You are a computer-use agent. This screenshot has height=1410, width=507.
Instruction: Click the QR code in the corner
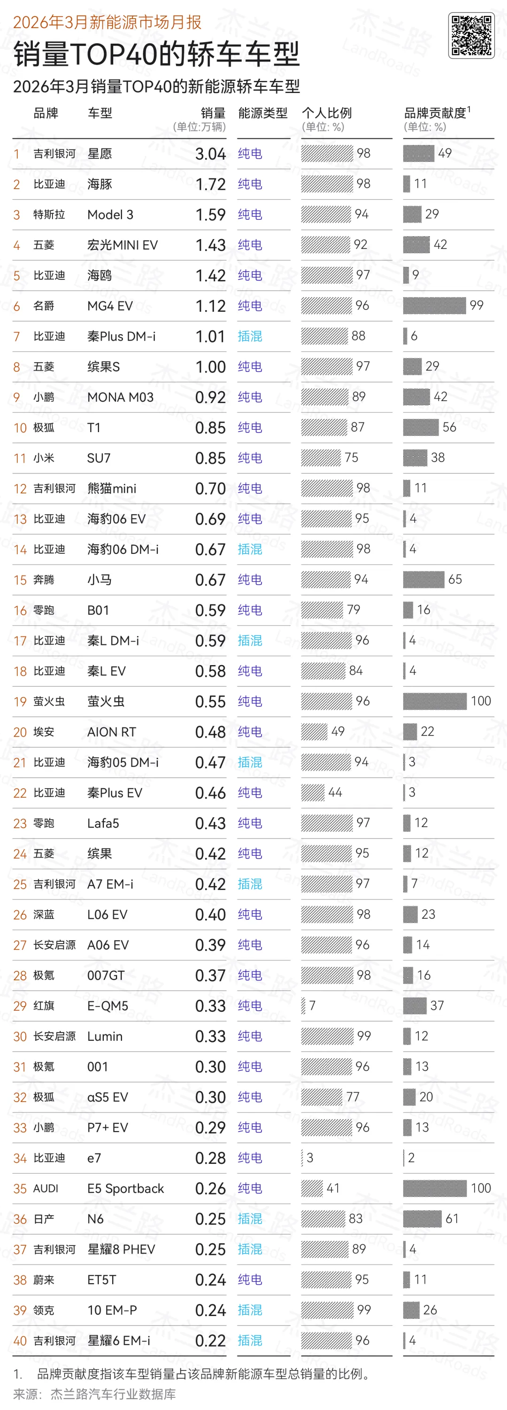pos(471,36)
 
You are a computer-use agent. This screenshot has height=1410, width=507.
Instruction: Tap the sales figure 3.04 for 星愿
pos(211,154)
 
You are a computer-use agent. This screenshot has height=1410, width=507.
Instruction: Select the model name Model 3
pos(110,215)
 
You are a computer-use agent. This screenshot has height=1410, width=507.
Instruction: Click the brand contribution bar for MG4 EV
pos(434,305)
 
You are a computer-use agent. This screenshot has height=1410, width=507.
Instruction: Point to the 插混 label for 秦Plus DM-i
pos(250,336)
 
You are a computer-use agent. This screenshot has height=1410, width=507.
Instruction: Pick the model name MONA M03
pos(120,397)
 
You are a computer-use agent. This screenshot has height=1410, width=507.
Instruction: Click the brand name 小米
pos(44,457)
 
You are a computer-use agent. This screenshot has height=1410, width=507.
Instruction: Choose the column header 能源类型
pos(262,113)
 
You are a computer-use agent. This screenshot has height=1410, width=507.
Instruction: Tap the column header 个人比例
pos(327,113)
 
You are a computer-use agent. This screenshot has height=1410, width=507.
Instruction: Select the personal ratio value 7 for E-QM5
pos(312,1006)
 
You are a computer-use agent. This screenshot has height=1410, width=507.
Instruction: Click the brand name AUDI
pos(46,1188)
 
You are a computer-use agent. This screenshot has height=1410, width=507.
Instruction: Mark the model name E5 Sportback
pos(126,1188)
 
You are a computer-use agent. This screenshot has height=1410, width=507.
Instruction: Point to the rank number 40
pos(20,1340)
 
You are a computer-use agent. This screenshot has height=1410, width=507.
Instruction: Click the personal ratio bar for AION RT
pos(314,731)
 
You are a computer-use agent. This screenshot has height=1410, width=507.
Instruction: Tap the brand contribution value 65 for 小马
pos(455,579)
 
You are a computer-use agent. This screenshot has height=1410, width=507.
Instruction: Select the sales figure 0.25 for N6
pos(211,1219)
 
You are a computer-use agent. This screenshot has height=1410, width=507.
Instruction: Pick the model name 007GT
pos(106,976)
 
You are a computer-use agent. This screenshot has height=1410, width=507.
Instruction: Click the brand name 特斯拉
pos(49,215)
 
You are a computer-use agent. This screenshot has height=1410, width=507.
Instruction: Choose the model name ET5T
pos(102,1280)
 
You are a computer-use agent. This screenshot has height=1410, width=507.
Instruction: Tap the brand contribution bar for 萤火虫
pos(435,701)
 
